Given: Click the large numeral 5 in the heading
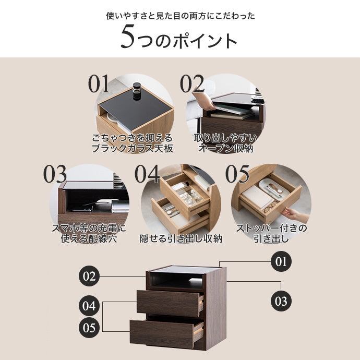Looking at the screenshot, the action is coord(128,37).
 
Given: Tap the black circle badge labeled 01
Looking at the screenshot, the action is coord(281,261).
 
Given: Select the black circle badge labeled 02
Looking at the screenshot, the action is coord(89,276).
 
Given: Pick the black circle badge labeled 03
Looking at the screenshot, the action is coord(281,301).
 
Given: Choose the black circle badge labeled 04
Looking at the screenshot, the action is coord(89,306).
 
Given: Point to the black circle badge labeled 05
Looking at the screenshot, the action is coord(89,327).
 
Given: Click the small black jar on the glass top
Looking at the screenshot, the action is coord(136,91).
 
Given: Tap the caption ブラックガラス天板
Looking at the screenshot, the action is coord(132,148).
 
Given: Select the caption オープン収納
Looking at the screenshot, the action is coord(226,148).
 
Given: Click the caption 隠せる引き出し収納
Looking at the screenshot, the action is coord(181,238).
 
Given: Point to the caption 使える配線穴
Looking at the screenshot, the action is coord(89,238).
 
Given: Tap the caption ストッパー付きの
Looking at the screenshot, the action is coord(271,228).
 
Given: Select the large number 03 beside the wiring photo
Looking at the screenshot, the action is coord(55,174).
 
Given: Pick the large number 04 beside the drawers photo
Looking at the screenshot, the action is coord(147,174).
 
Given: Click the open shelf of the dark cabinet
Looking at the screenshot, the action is coord(176,281).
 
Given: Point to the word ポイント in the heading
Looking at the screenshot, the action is coord(205,41).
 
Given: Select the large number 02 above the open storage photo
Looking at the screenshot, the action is coord(192,83).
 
